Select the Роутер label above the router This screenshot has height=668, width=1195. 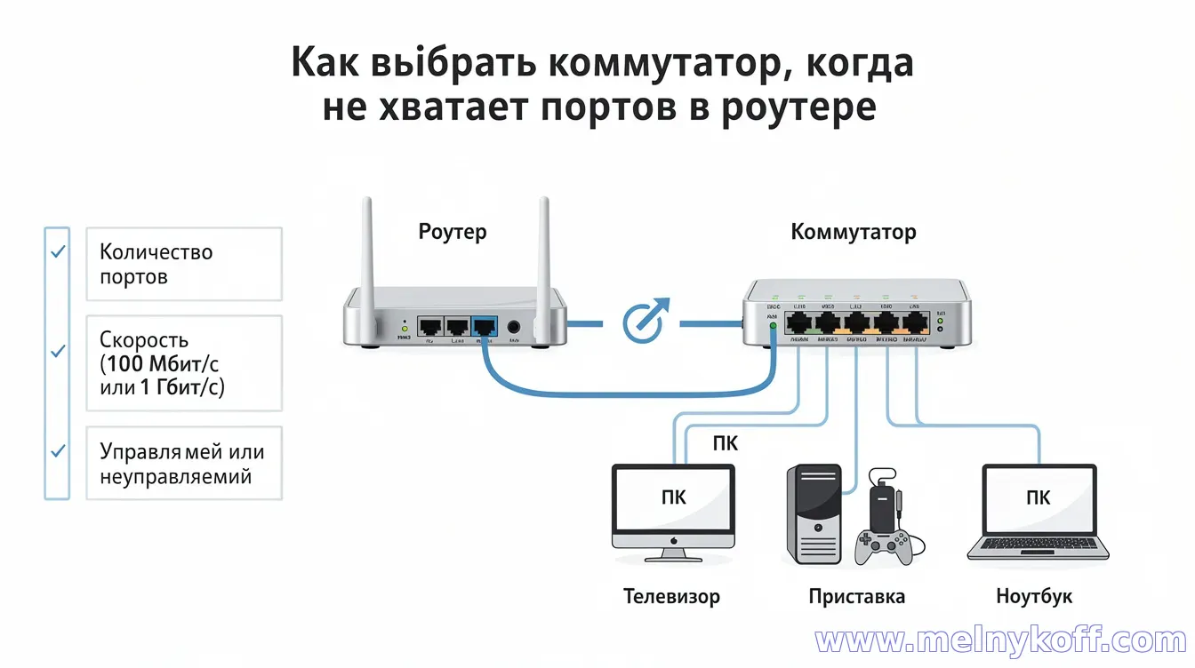(453, 233)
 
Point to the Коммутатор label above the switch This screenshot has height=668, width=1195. (853, 233)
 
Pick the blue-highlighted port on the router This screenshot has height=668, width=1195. (485, 328)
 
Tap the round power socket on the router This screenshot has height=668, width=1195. (514, 328)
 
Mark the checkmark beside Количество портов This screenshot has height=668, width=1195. (58, 253)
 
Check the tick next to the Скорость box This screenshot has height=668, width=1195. (58, 352)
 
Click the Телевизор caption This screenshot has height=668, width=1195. (671, 596)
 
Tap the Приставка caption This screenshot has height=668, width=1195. (856, 596)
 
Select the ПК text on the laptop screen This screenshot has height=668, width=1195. (1038, 497)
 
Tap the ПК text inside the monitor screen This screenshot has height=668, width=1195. (673, 497)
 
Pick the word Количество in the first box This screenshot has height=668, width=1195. (156, 252)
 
